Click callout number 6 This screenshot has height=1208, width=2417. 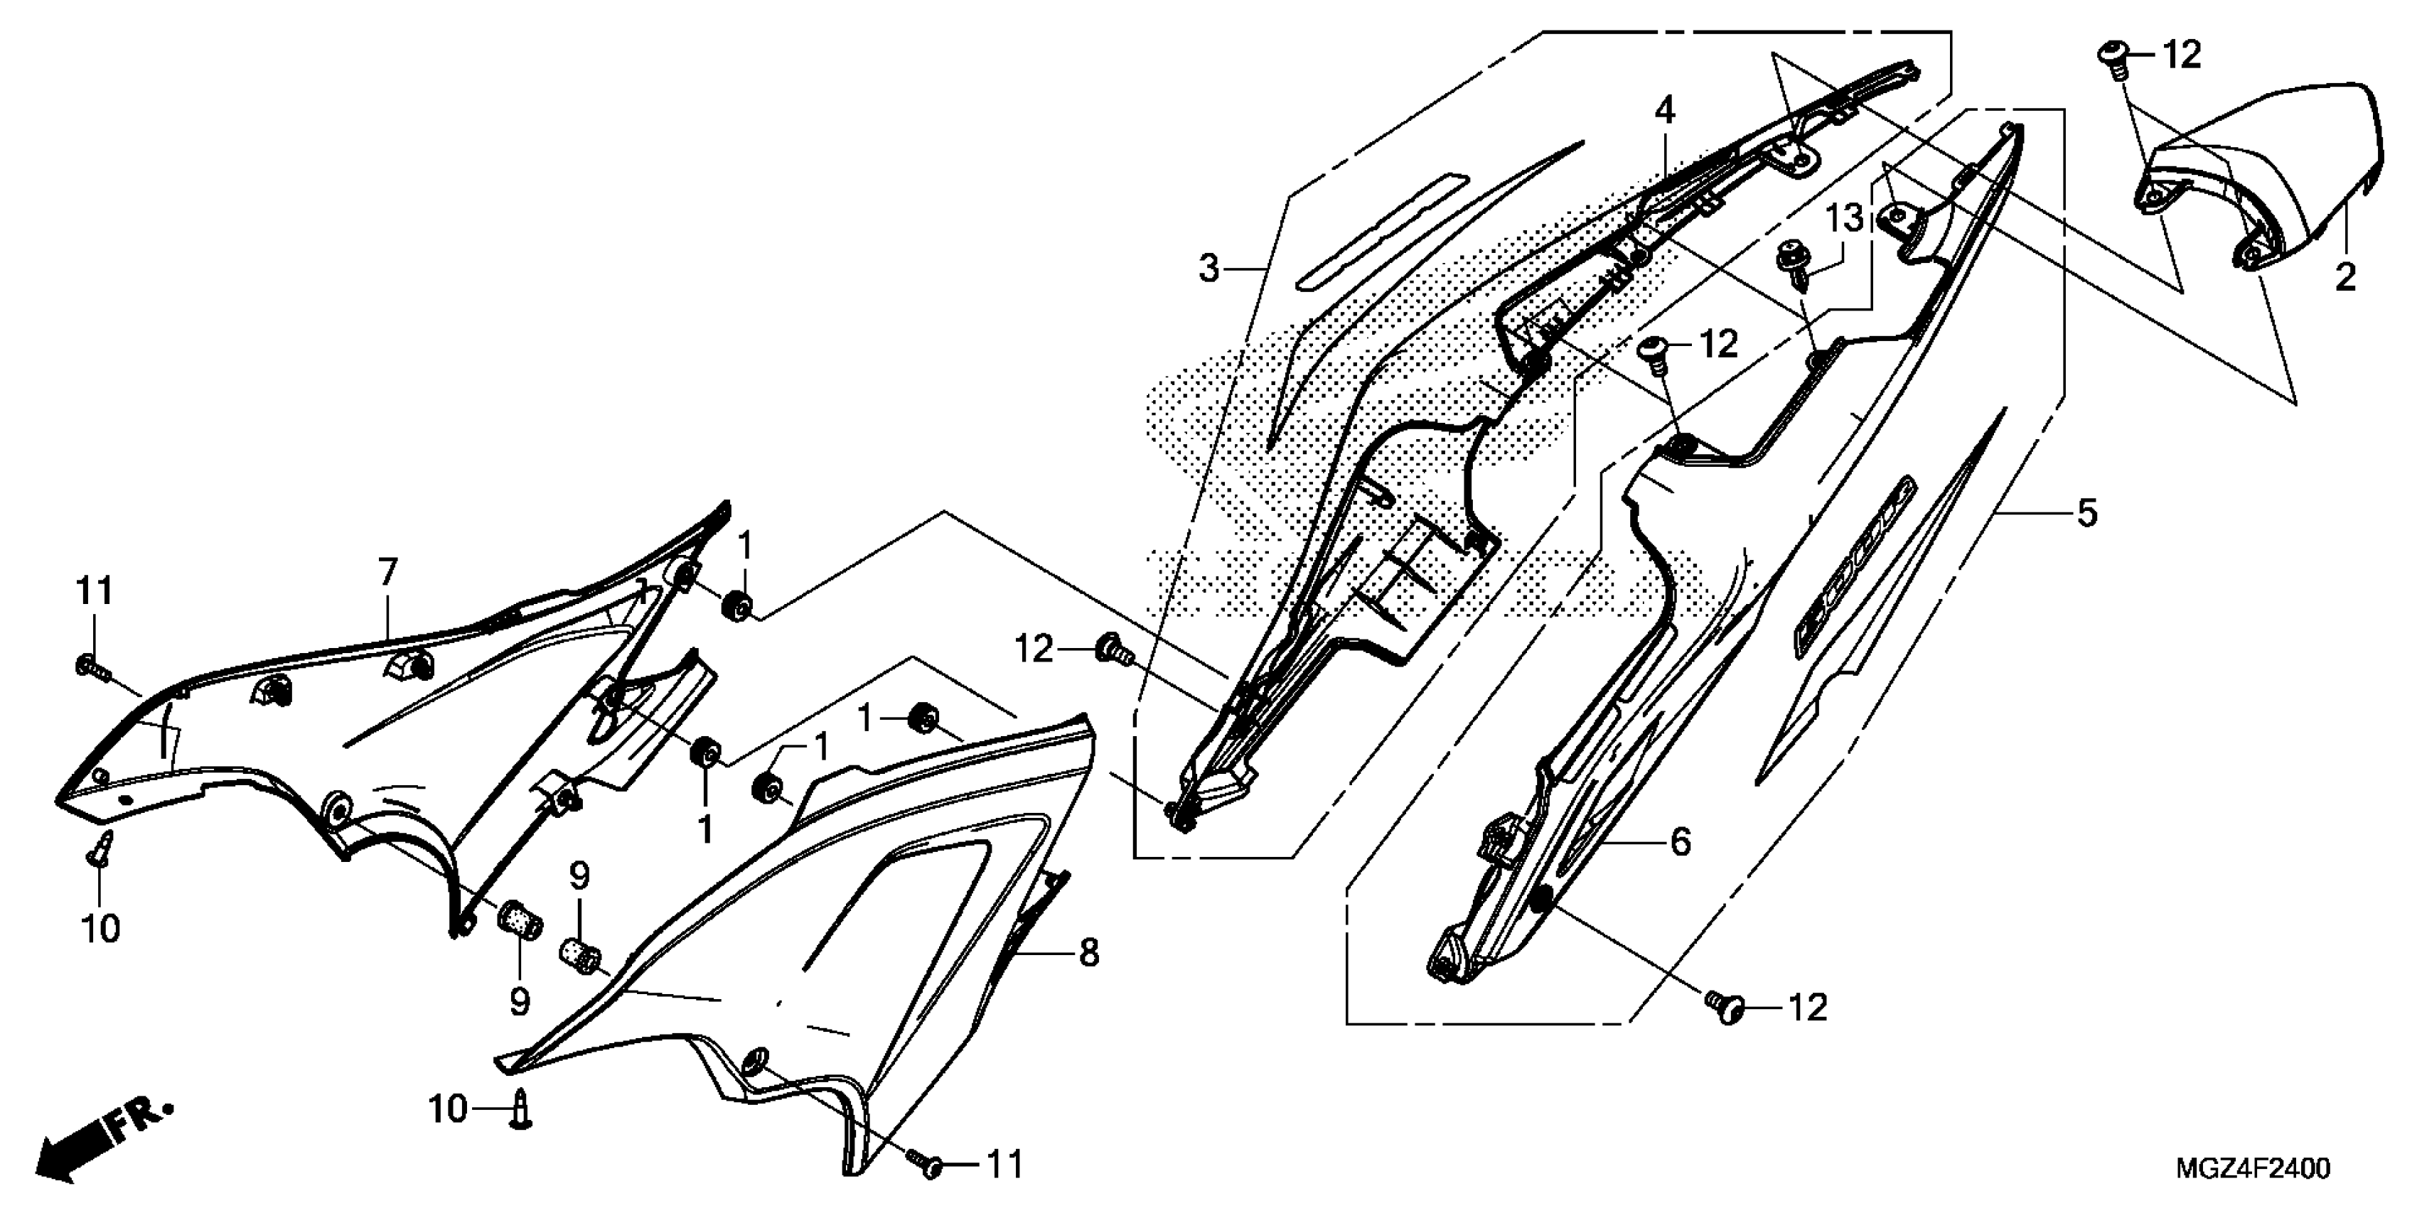click(387, 572)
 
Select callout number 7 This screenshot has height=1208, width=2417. click(1088, 953)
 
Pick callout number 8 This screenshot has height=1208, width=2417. click(1844, 220)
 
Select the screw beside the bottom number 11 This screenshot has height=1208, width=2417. click(522, 1112)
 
